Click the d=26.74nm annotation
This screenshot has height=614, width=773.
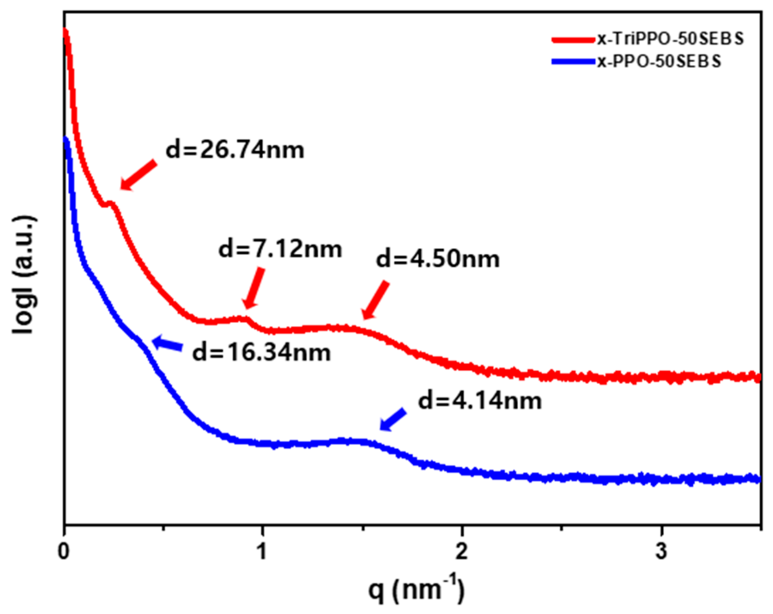click(235, 150)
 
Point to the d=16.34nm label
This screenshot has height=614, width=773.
click(262, 353)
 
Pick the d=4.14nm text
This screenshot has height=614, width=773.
click(480, 401)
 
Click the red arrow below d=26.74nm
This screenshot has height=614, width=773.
click(138, 175)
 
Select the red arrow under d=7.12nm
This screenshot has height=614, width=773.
click(254, 288)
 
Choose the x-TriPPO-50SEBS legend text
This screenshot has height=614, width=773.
click(670, 39)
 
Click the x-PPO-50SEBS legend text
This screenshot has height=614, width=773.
click(659, 61)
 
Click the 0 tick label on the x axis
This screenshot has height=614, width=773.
click(64, 551)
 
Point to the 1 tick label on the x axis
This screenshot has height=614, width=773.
click(262, 551)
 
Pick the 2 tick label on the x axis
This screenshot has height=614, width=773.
click(462, 551)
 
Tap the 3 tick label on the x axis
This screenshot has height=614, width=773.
click(661, 551)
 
